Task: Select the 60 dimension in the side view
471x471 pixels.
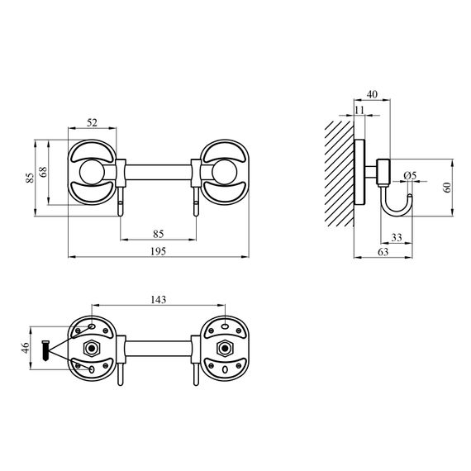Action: (x=447, y=187)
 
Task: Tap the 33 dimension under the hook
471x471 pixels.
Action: (x=397, y=237)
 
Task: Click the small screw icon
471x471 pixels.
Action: (x=46, y=350)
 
